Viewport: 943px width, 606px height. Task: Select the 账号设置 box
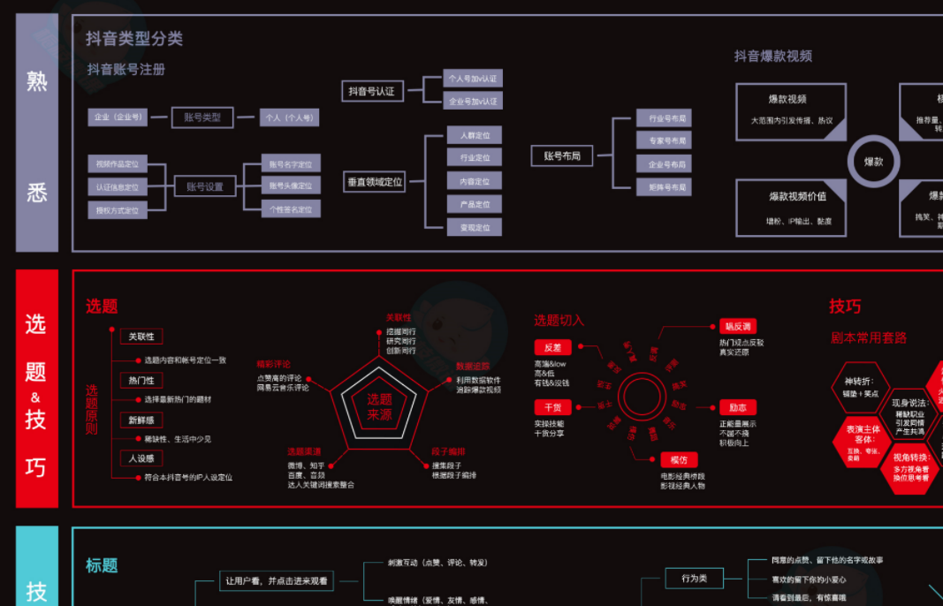tap(204, 186)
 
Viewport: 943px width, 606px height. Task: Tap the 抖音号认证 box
tap(371, 91)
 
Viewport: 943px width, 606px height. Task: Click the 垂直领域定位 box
tap(375, 182)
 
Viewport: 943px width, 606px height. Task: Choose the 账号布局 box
tap(563, 156)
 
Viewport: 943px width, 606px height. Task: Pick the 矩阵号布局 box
tap(664, 187)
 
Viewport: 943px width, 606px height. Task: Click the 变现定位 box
tap(474, 227)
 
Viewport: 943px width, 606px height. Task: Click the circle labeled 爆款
tap(873, 163)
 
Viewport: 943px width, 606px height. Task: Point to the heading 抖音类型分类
tap(134, 39)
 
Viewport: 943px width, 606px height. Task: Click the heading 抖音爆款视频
tap(773, 56)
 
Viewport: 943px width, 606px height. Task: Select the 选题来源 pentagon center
tap(379, 406)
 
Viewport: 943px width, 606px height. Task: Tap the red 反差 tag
tap(552, 348)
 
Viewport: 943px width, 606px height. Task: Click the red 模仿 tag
tap(678, 459)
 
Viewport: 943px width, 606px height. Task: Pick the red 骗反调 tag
tap(737, 326)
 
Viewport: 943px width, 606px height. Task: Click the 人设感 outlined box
tap(141, 458)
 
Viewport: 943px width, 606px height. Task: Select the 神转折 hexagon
tap(856, 387)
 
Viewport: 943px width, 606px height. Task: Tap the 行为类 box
tap(695, 578)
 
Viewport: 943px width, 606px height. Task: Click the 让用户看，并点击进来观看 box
tap(277, 580)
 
